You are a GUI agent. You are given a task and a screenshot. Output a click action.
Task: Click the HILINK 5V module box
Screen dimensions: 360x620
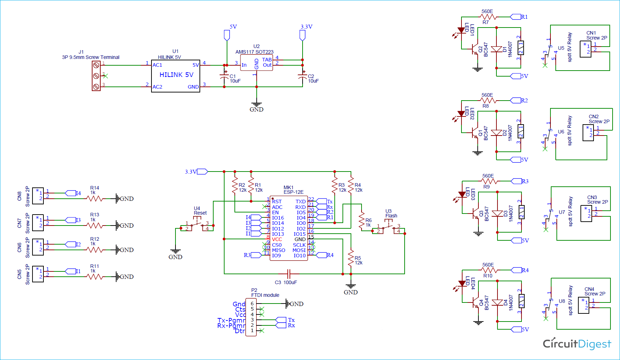pyautogui.click(x=175, y=76)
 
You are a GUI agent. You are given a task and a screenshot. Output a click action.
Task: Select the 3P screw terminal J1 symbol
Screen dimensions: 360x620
pyautogui.click(x=96, y=76)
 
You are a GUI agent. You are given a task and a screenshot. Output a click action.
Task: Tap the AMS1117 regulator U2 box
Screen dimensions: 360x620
pyautogui.click(x=256, y=63)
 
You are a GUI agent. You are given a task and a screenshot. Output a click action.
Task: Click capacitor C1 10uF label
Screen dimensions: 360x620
pyautogui.click(x=235, y=79)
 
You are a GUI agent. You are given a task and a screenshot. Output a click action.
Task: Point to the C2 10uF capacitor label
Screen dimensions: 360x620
pyautogui.click(x=313, y=79)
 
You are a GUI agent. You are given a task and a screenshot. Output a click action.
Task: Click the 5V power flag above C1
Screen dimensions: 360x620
pyautogui.click(x=227, y=35)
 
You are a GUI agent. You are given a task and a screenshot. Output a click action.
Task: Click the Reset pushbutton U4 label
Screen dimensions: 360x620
pyautogui.click(x=200, y=211)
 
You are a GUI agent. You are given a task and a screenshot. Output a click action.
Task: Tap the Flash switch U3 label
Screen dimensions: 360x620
pyautogui.click(x=391, y=214)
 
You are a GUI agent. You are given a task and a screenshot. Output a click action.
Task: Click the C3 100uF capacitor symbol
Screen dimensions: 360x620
pyautogui.click(x=288, y=274)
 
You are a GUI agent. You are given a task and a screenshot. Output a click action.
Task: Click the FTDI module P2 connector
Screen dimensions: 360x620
pyautogui.click(x=251, y=317)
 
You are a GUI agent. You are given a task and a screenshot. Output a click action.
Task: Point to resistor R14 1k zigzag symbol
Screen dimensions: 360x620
pyautogui.click(x=94, y=199)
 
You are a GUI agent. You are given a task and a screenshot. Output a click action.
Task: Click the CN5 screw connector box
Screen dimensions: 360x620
pyautogui.click(x=38, y=274)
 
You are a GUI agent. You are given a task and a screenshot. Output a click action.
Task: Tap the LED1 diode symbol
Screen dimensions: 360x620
pyautogui.click(x=461, y=30)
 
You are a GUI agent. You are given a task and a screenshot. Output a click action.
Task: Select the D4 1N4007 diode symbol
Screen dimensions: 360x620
pyautogui.click(x=497, y=302)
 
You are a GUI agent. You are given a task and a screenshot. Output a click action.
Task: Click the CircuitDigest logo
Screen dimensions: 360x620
pyautogui.click(x=577, y=344)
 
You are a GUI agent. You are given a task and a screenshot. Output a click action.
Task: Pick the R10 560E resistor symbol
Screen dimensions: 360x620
pyautogui.click(x=489, y=270)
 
